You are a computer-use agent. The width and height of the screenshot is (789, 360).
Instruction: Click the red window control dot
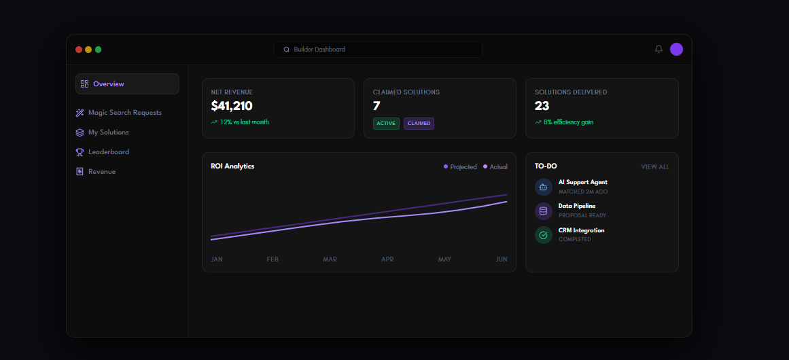coord(79,50)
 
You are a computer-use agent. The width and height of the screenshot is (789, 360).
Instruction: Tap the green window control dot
coord(98,50)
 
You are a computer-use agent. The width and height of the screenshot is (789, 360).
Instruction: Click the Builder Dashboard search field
coord(378,50)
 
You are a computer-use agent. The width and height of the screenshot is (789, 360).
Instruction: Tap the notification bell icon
coord(659,50)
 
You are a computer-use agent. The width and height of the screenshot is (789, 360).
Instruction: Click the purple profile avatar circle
coord(676,50)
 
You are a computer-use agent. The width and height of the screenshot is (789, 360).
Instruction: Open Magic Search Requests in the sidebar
coord(119,113)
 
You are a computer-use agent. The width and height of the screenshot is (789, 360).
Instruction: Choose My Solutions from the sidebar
coord(102,132)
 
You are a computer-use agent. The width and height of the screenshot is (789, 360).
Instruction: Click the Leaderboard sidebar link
coord(102,152)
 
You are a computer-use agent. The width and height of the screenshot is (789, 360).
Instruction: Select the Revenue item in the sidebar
coord(96,171)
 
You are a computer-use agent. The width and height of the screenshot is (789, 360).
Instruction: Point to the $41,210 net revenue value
coord(232,106)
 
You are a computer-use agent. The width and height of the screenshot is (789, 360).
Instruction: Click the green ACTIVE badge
coord(386,124)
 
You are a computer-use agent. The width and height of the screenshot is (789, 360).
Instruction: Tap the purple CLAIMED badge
coord(419,124)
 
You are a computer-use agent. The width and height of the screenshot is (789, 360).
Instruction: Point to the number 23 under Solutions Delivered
coord(542,106)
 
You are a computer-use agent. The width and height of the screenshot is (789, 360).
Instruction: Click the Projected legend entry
coord(460,167)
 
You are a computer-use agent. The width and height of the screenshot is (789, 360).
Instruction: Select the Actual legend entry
coord(495,167)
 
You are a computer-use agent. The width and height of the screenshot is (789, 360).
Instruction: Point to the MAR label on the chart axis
coord(330,259)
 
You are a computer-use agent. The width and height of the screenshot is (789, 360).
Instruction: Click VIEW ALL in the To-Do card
coord(655,167)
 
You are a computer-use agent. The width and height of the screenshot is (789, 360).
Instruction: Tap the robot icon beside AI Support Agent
coord(544,187)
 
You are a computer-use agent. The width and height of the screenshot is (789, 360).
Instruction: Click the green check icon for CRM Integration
coord(544,235)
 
